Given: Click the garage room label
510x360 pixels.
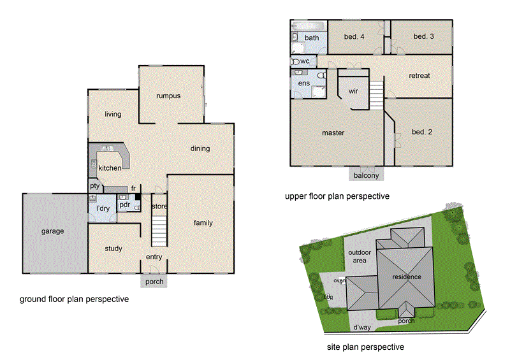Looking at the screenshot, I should [x=53, y=231].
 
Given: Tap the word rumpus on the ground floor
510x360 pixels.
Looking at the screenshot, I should [x=169, y=96].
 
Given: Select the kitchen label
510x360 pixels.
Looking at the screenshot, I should [x=110, y=168].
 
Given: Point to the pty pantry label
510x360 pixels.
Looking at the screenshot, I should [x=94, y=186].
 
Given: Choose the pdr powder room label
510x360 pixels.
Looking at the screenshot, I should [x=124, y=205].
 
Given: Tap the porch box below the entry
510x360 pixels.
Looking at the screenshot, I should [x=154, y=282].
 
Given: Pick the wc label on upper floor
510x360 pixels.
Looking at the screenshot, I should [x=305, y=61].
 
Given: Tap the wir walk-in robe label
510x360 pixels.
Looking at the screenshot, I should [x=353, y=91].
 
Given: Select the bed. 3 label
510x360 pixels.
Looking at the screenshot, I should [x=423, y=36].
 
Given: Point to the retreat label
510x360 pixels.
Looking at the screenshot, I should [x=419, y=75].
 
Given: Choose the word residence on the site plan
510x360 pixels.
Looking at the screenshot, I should [x=406, y=277].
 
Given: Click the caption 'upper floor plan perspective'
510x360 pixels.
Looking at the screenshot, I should [x=337, y=196].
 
